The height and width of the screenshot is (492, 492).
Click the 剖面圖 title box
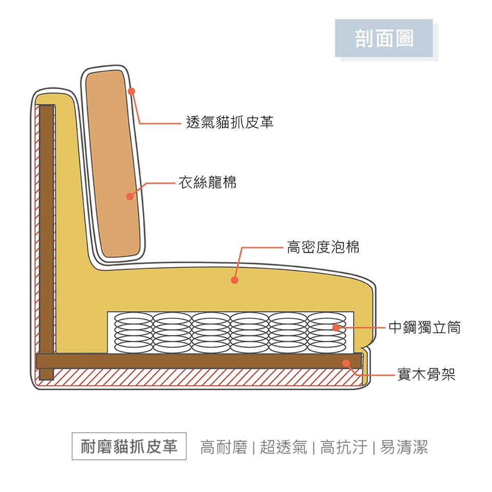coord(384,38)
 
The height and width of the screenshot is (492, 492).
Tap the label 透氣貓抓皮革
coord(230,122)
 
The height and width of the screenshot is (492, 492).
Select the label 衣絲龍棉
coord(207,182)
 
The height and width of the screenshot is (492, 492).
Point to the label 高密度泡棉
coord(323,248)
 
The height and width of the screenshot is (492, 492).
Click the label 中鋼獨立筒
coord(424,327)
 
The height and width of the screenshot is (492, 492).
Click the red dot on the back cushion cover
coord(131,91)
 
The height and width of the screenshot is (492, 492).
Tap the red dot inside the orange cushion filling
coord(130,196)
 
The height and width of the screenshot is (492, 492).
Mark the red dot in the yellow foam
coord(234,280)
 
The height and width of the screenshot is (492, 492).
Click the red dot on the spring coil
coord(336,327)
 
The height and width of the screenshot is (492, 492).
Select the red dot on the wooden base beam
coord(346,363)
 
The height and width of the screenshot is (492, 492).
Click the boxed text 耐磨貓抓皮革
coord(129,447)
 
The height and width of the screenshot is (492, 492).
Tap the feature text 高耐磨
coord(224,447)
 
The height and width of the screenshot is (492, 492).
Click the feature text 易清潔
coord(404,447)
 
